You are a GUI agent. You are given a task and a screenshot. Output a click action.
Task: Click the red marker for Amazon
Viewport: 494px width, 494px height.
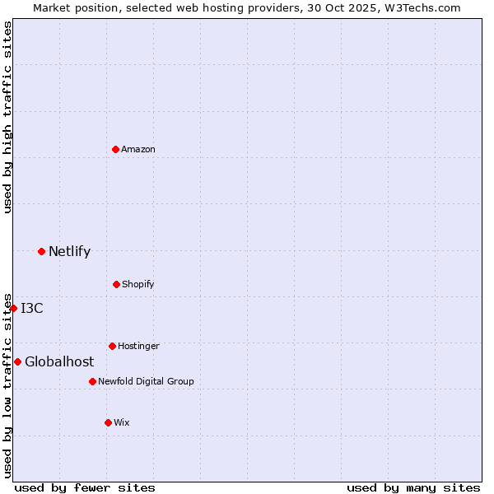pos(116,149)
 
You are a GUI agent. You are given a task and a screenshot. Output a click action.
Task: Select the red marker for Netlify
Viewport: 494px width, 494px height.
pos(41,251)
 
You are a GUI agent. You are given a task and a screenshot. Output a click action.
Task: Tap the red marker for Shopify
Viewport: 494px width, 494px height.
pos(116,284)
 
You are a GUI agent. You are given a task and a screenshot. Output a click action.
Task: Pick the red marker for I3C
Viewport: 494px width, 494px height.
pos(13,308)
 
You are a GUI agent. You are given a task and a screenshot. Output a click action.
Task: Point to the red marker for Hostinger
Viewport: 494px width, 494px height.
pos(112,346)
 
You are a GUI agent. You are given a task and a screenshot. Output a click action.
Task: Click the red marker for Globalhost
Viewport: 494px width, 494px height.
pos(17,361)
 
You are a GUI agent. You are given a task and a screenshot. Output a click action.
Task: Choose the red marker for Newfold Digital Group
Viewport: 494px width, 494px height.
pos(92,381)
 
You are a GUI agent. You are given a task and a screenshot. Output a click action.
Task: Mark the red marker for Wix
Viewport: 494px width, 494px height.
pos(108,422)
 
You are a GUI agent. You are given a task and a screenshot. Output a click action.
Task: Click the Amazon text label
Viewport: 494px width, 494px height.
pos(138,149)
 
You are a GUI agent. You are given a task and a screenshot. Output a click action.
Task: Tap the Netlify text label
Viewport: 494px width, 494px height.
pos(69,251)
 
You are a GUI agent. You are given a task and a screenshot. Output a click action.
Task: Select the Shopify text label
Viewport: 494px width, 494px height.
pos(138,284)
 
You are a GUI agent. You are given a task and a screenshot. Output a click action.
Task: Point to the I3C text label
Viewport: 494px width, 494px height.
pos(32,308)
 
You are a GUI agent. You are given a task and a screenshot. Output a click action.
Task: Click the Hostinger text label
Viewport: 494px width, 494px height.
pos(138,346)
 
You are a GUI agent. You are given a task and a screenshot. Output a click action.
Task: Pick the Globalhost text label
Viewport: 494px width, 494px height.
pos(59,361)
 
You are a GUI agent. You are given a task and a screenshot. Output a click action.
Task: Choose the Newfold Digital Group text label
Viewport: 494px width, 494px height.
pos(146,381)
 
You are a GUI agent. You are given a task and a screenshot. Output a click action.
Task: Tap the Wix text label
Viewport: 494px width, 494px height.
pos(122,422)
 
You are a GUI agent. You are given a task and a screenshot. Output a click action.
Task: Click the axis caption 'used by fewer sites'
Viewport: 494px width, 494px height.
pos(85,487)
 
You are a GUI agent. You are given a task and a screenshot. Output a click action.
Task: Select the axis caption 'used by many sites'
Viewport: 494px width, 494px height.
pos(413,487)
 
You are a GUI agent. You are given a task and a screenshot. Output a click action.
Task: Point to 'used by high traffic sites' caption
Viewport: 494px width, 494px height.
pos(7,117)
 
